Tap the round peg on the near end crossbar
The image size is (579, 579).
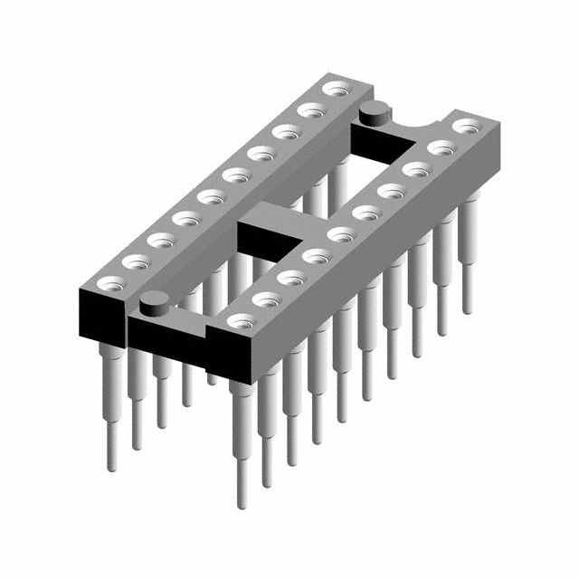click(x=155, y=303)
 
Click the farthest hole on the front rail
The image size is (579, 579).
click(x=466, y=126)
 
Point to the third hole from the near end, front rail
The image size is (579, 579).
click(x=290, y=277)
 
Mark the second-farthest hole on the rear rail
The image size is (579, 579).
click(x=312, y=109)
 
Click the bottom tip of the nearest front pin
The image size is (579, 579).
click(x=242, y=503)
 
